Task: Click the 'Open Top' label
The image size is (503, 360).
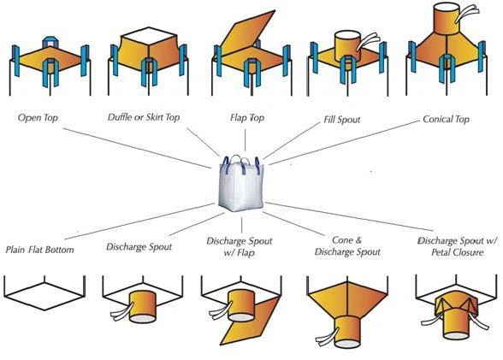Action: tap(38, 118)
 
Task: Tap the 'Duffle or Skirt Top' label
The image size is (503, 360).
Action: tap(144, 117)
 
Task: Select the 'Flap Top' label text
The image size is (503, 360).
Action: tap(247, 118)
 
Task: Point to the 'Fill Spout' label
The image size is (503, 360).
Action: tap(342, 120)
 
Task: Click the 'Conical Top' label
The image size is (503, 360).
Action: tap(446, 119)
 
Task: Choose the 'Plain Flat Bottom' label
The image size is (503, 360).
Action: tap(39, 250)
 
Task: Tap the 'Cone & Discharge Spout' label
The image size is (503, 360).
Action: tap(347, 246)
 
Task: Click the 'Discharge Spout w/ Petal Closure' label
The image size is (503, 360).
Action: tap(458, 246)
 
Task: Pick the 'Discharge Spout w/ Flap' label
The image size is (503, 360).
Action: tap(240, 246)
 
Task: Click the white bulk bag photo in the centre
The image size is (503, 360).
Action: tap(241, 184)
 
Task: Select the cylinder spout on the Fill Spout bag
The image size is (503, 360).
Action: tap(347, 46)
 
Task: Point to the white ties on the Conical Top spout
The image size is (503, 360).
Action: tap(467, 14)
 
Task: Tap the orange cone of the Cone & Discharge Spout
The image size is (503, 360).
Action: tap(347, 300)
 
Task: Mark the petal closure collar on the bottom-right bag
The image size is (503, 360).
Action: tap(457, 304)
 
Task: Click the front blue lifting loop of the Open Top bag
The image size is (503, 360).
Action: tap(50, 72)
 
